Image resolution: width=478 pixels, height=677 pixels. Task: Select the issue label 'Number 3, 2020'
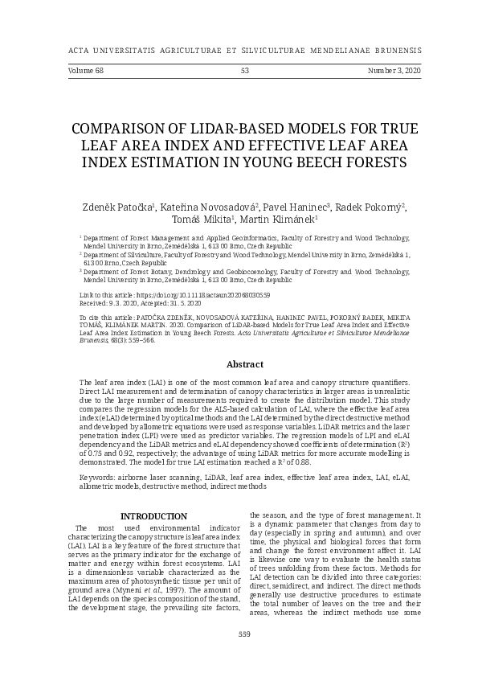coord(394,71)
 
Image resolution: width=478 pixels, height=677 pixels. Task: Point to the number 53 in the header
coord(245,71)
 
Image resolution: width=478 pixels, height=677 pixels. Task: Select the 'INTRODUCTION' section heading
coord(153,515)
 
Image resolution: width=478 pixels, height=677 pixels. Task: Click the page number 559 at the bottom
coord(245,634)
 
